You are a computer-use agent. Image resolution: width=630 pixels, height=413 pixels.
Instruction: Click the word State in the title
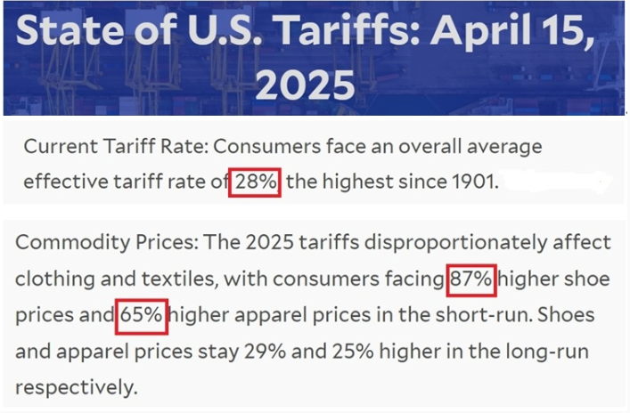[70, 32]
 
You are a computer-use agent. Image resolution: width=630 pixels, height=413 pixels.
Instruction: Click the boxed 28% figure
[257, 182]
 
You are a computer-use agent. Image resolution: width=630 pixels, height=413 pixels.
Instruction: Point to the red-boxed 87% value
[470, 279]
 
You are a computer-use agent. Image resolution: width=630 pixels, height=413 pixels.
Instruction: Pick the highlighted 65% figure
[141, 315]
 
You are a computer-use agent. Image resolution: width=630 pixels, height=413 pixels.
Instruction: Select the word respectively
[76, 388]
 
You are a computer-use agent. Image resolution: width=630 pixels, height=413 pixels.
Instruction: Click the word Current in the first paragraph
[57, 145]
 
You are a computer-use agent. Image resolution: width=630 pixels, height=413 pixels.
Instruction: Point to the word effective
[62, 182]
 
